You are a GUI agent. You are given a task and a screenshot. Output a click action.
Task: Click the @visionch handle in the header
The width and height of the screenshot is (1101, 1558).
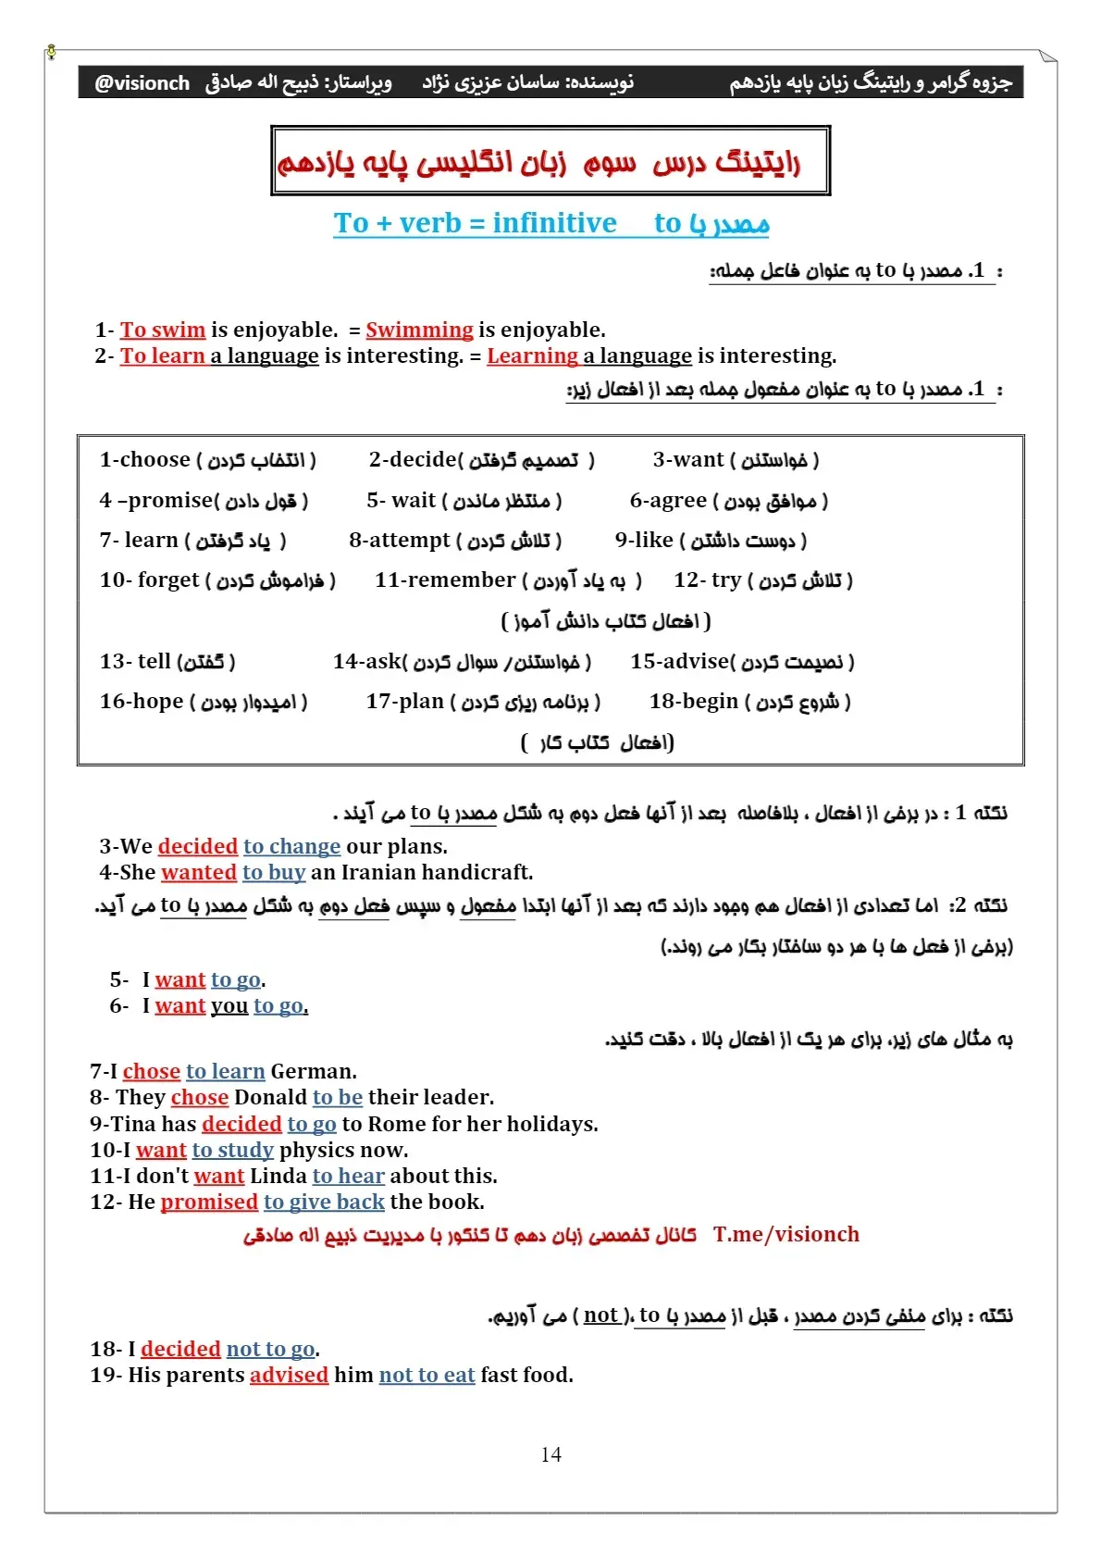pyautogui.click(x=142, y=83)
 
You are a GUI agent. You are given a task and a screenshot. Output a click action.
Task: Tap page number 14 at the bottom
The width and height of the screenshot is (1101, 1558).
pyautogui.click(x=550, y=1454)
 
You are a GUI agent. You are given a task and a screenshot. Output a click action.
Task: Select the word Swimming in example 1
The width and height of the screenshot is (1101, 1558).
pyautogui.click(x=419, y=330)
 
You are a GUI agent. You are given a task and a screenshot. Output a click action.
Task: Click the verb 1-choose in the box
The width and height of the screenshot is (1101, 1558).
pyautogui.click(x=144, y=460)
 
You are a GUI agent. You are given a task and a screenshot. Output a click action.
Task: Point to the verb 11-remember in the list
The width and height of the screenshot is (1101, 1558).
pyautogui.click(x=445, y=580)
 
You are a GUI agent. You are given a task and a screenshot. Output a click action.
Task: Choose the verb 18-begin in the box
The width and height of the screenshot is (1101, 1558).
pyautogui.click(x=694, y=702)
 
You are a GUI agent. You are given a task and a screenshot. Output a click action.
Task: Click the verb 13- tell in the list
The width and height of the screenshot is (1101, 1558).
pyautogui.click(x=135, y=661)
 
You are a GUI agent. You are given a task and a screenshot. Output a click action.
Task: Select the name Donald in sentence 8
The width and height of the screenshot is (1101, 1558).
pyautogui.click(x=270, y=1097)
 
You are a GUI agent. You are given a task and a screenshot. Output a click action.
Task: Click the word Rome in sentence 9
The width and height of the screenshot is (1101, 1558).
pyautogui.click(x=397, y=1124)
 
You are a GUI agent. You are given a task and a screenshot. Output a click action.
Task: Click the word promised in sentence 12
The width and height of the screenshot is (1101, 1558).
pyautogui.click(x=209, y=1202)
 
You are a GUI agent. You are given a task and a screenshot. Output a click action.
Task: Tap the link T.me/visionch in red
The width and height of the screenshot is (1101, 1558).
pyautogui.click(x=786, y=1234)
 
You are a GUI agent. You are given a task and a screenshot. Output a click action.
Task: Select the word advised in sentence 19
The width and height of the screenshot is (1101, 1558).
pyautogui.click(x=289, y=1375)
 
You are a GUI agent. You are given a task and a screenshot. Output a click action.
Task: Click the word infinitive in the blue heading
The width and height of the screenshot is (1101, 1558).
pyautogui.click(x=554, y=223)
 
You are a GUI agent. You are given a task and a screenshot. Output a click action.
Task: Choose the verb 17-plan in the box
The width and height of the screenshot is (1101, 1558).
pyautogui.click(x=405, y=702)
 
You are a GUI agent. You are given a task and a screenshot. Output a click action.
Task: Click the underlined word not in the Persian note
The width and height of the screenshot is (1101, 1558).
pyautogui.click(x=600, y=1315)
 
